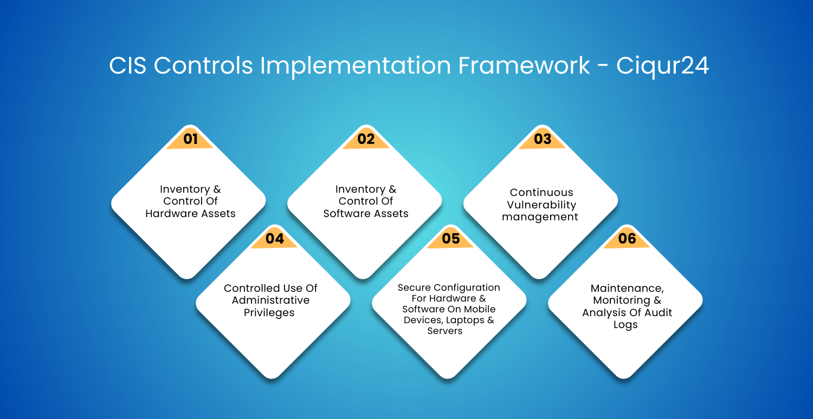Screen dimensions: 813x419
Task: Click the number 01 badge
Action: tap(190, 139)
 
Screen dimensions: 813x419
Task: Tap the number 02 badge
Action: tap(366, 139)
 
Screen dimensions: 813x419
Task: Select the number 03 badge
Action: tap(542, 139)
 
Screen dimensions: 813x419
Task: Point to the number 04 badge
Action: tap(274, 238)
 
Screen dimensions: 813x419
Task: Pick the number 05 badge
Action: tap(451, 238)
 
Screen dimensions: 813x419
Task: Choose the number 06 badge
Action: tap(627, 238)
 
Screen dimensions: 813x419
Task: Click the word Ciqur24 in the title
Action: tap(662, 67)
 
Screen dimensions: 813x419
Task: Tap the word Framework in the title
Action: tap(524, 66)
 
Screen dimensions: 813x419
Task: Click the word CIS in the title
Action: tap(128, 66)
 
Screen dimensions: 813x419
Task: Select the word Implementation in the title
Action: tap(355, 67)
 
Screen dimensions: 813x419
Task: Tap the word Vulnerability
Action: tap(541, 205)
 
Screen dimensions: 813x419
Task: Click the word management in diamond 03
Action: tap(540, 217)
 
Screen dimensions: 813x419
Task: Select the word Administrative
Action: tap(271, 300)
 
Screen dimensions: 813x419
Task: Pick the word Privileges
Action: tap(269, 313)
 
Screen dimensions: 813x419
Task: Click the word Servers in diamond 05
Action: tap(445, 331)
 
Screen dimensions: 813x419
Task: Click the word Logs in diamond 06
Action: tap(625, 325)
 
